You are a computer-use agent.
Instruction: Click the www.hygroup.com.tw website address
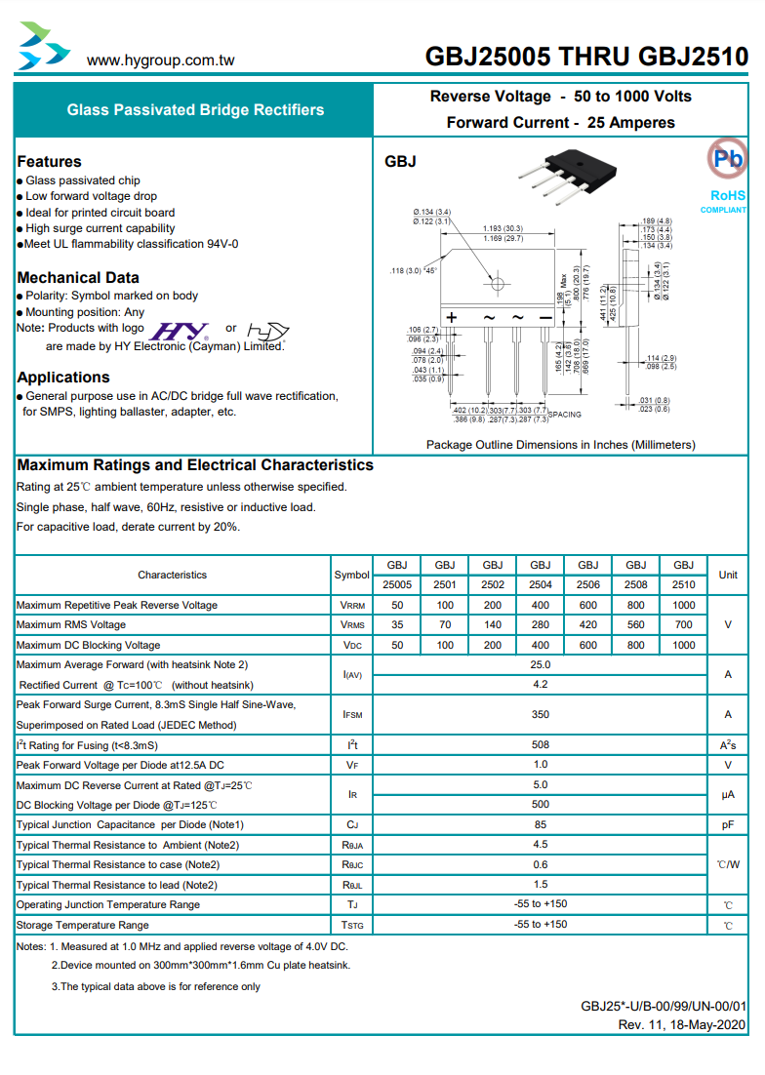click(x=161, y=60)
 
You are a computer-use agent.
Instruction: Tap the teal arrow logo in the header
click(x=44, y=47)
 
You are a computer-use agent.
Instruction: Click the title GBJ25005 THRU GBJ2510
click(x=586, y=58)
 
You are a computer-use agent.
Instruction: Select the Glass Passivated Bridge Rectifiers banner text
click(x=195, y=110)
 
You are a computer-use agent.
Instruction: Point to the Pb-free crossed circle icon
click(x=726, y=158)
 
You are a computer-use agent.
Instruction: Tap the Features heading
click(x=50, y=162)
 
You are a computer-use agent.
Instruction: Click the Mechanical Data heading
click(x=78, y=278)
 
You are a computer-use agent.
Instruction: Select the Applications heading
click(x=63, y=378)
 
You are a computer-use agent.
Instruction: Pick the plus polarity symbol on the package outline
click(x=452, y=318)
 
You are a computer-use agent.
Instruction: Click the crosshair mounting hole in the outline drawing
click(x=499, y=284)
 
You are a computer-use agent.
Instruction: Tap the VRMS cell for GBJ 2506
click(x=588, y=625)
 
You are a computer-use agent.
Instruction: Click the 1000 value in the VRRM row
click(x=684, y=606)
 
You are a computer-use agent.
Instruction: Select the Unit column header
click(x=728, y=576)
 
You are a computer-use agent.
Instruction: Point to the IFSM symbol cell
click(x=352, y=715)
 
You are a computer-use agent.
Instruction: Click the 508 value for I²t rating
click(x=541, y=745)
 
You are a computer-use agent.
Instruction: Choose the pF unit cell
click(x=728, y=825)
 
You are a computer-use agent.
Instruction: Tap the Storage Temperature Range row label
click(x=83, y=926)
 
